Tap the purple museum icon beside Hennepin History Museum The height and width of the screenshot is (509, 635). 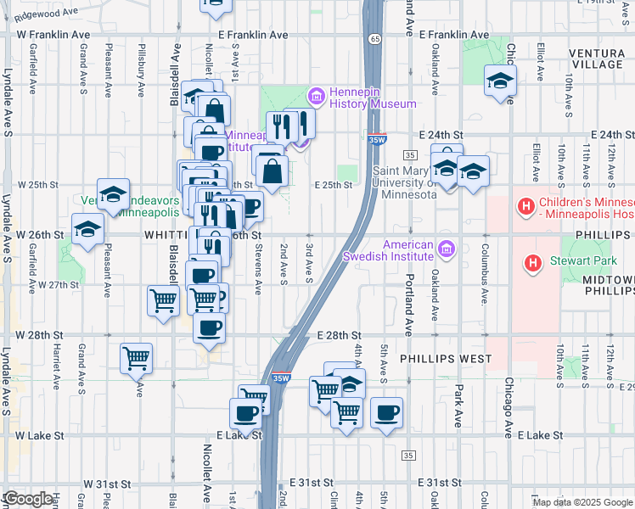(x=317, y=96)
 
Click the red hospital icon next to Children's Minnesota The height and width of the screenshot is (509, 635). (x=525, y=205)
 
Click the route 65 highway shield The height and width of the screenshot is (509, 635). (x=374, y=38)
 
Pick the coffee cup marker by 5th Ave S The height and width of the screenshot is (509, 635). (x=386, y=413)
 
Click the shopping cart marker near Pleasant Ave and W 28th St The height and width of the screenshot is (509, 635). (x=136, y=359)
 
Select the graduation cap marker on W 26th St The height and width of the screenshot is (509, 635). (x=87, y=229)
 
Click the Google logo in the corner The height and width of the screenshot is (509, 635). (x=27, y=499)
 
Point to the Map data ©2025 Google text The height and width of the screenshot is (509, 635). (x=583, y=502)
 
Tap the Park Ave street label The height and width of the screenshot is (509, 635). (x=458, y=406)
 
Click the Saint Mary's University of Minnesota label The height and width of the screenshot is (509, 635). (x=404, y=182)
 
